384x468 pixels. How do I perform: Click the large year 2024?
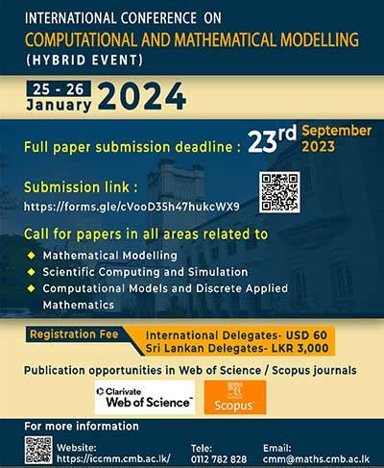pyautogui.click(x=142, y=96)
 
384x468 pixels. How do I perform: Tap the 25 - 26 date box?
pyautogui.click(x=59, y=88)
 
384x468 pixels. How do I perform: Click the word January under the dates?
pyautogui.click(x=59, y=105)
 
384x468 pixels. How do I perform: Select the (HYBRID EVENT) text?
pyautogui.click(x=84, y=61)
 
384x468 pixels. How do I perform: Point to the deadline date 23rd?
pyautogui.click(x=272, y=138)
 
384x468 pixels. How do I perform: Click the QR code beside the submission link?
pyautogui.click(x=279, y=192)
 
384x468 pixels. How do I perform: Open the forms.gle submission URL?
pyautogui.click(x=132, y=207)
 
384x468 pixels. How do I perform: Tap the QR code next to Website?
pyautogui.click(x=38, y=450)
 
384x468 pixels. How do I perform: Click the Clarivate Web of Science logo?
pyautogui.click(x=145, y=398)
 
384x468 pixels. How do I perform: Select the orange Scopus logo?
pyautogui.click(x=235, y=398)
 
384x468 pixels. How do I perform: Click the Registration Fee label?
pyautogui.click(x=74, y=334)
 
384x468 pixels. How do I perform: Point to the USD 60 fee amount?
pyautogui.click(x=306, y=335)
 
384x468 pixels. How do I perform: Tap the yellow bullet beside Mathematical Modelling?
pyautogui.click(x=31, y=256)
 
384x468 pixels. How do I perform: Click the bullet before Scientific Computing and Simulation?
pyautogui.click(x=31, y=272)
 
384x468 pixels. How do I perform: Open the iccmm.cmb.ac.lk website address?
pyautogui.click(x=113, y=458)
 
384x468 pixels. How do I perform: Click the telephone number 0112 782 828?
pyautogui.click(x=219, y=459)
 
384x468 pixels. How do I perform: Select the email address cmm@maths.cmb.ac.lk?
pyautogui.click(x=316, y=459)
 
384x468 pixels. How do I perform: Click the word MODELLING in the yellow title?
pyautogui.click(x=320, y=39)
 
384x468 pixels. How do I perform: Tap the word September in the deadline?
pyautogui.click(x=337, y=131)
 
